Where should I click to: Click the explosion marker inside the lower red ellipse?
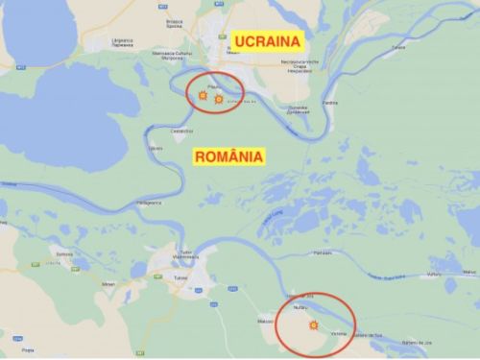click(x=312, y=326)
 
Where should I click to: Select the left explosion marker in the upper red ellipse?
click(x=203, y=96)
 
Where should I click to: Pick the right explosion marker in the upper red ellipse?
click(x=219, y=99)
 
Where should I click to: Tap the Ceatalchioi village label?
click(x=182, y=131)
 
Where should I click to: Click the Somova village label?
click(x=65, y=252)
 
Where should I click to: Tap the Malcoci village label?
click(x=266, y=319)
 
